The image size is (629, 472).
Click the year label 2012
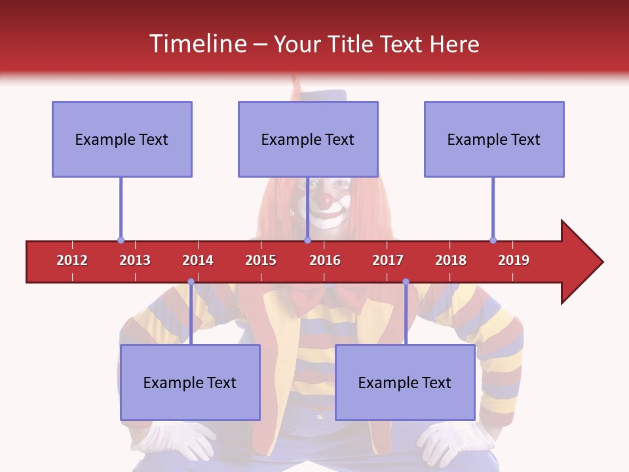[72, 260]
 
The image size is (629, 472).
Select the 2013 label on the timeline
[135, 260]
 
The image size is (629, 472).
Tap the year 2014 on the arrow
[198, 260]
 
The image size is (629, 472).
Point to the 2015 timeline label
[261, 260]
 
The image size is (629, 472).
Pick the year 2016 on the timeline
[325, 260]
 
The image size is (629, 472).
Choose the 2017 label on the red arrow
[388, 260]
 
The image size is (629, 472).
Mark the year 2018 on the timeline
[451, 260]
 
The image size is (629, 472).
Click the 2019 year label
[514, 260]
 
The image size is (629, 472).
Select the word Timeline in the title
[197, 44]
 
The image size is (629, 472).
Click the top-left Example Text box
[122, 139]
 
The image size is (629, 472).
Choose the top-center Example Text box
[308, 139]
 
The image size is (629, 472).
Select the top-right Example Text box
[494, 139]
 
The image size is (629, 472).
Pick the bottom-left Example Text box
[190, 382]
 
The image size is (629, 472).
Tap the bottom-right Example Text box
[405, 382]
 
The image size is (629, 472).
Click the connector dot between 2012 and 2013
[121, 241]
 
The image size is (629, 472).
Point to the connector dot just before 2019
[493, 241]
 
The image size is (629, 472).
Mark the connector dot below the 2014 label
[191, 282]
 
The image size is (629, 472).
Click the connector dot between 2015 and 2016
[307, 241]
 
